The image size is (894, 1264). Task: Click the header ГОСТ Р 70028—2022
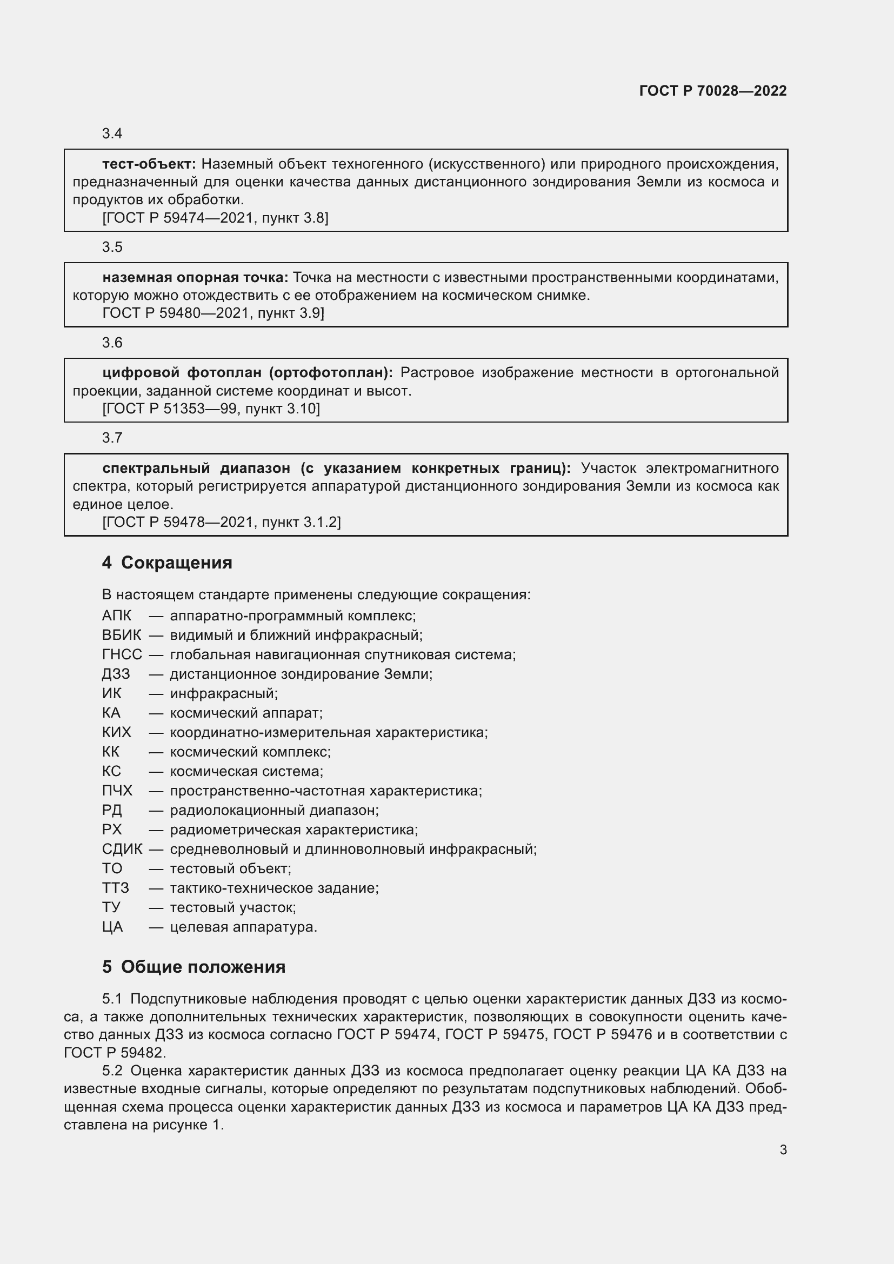[712, 91]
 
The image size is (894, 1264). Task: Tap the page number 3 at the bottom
[783, 1149]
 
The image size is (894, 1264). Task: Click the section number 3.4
[112, 134]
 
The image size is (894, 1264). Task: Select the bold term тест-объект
[149, 164]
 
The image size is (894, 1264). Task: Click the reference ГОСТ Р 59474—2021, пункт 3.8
[215, 218]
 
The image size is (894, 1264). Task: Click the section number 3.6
[112, 343]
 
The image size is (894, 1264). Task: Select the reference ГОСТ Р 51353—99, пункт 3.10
[211, 409]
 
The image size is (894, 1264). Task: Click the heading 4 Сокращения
[167, 563]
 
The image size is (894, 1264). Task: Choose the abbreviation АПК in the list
[117, 616]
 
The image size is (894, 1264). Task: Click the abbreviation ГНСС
[122, 654]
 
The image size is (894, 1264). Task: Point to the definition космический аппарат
[245, 713]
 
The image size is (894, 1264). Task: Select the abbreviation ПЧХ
[117, 791]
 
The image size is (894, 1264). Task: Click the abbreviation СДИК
[122, 850]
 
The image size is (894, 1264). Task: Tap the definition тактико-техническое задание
[274, 888]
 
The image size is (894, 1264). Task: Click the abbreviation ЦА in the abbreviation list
[112, 927]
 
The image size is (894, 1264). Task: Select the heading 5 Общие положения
[194, 967]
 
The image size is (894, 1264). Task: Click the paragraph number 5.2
[112, 1071]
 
